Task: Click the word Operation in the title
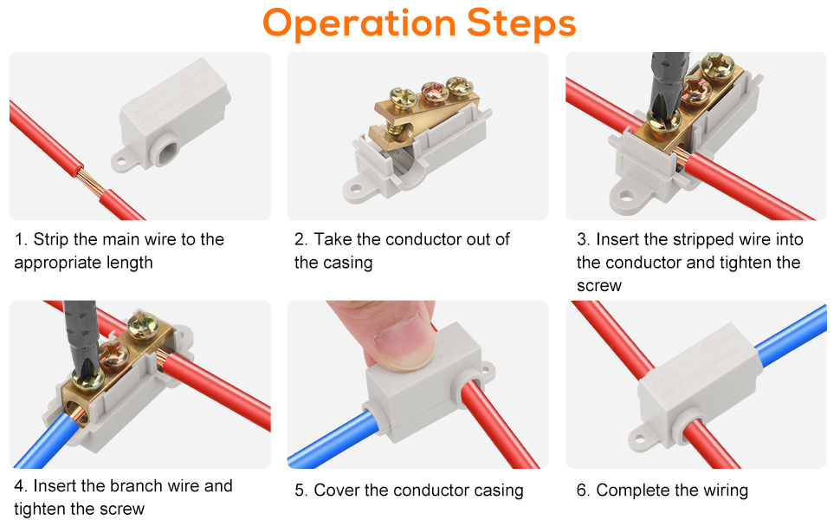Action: tap(359, 23)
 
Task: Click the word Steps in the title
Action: tap(521, 23)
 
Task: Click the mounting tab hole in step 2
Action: tap(356, 185)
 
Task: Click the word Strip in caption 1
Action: tap(51, 240)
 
